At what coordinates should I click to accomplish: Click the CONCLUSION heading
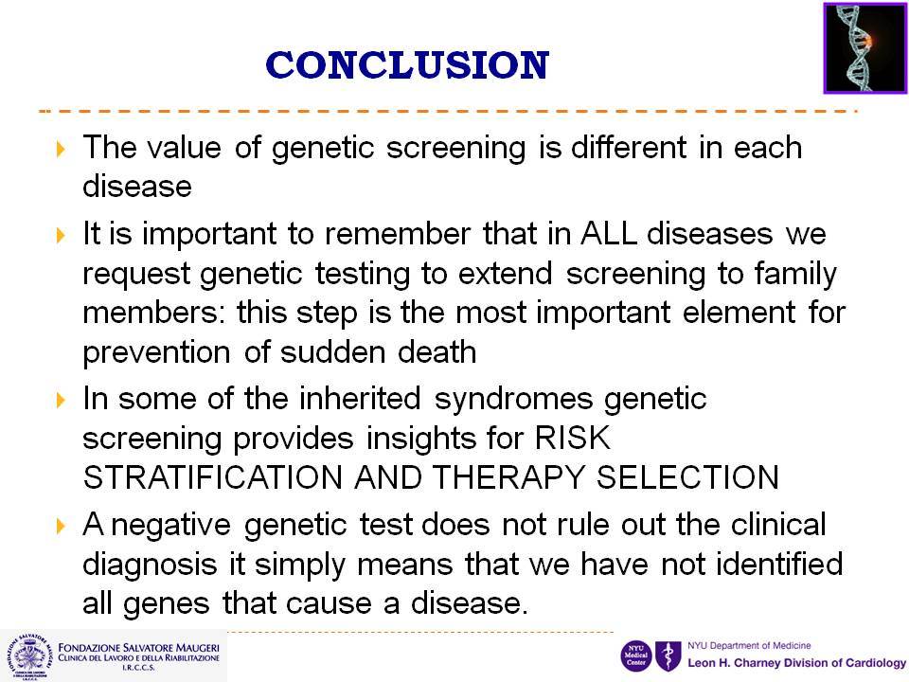pos(407,65)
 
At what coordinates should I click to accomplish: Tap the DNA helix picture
pos(864,48)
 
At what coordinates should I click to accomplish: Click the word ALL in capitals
pos(608,234)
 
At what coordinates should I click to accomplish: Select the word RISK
pos(572,438)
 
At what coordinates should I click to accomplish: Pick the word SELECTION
pos(687,477)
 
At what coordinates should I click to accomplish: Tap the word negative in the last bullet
pos(171,526)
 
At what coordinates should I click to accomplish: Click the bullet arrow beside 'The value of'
pos(61,149)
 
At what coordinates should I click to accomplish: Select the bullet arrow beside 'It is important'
pos(61,236)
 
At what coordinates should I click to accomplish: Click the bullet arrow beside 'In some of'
pos(61,400)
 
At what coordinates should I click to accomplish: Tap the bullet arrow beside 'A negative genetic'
pos(61,527)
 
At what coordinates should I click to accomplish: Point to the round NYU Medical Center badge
pos(636,656)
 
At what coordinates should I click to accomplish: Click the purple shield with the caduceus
pos(668,656)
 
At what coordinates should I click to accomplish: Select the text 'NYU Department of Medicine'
pos(749,645)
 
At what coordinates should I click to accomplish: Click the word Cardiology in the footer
pos(876,663)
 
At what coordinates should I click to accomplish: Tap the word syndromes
pos(512,400)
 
